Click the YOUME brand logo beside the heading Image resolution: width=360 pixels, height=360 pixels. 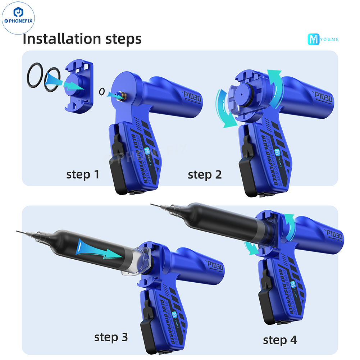323,39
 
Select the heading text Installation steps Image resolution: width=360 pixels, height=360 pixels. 82,39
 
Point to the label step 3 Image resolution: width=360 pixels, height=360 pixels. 111,337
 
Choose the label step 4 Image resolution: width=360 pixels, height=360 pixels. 280,340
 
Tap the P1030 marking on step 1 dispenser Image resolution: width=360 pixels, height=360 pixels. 191,97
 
